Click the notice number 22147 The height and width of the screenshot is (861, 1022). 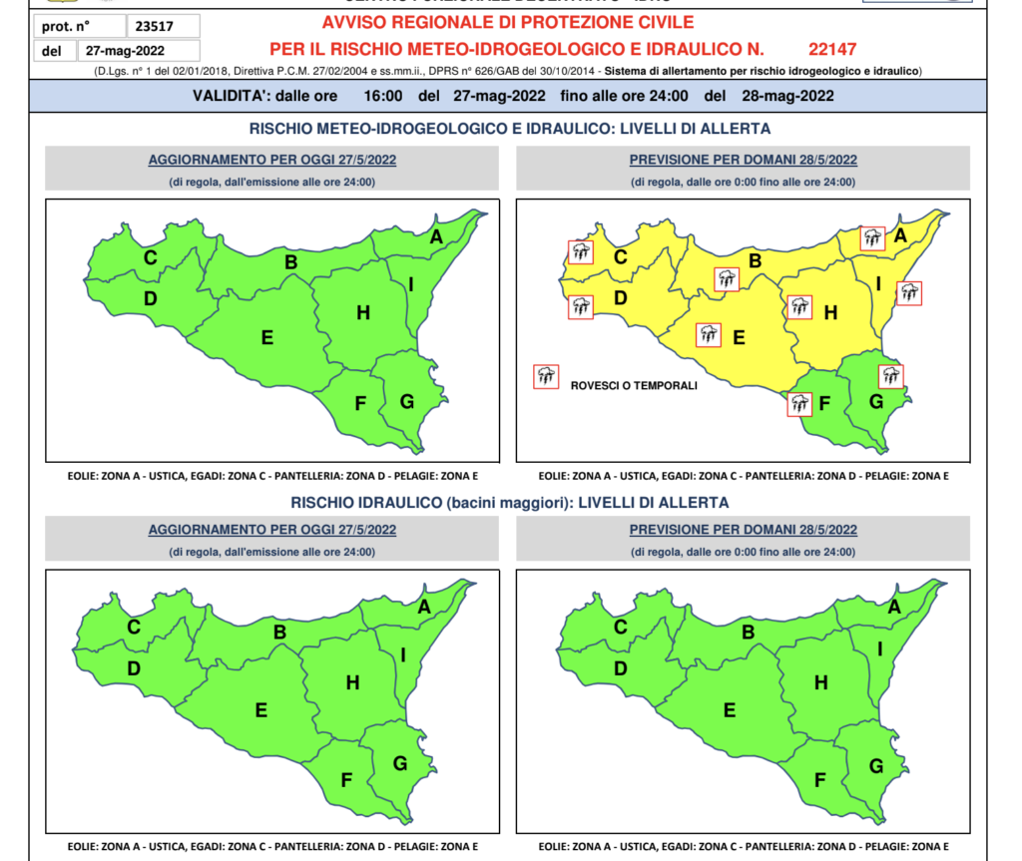coord(833,48)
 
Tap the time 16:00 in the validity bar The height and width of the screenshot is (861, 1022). coord(383,96)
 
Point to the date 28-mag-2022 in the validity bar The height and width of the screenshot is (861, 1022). coord(783,96)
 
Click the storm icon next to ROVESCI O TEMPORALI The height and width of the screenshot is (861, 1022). coord(546,376)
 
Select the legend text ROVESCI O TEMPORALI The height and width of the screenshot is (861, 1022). coord(633,385)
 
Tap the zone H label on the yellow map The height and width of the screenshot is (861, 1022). coord(829,312)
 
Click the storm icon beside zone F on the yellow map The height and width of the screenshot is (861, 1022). coord(798,404)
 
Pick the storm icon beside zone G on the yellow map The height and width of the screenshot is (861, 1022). coord(890,376)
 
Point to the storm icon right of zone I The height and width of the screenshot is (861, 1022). coord(908,293)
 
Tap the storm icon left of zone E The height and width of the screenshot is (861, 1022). coord(709,334)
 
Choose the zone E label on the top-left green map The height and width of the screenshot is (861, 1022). coord(267,337)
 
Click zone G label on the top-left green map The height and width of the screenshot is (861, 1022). coord(406,401)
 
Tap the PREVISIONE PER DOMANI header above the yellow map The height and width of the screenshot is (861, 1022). coord(743,160)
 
